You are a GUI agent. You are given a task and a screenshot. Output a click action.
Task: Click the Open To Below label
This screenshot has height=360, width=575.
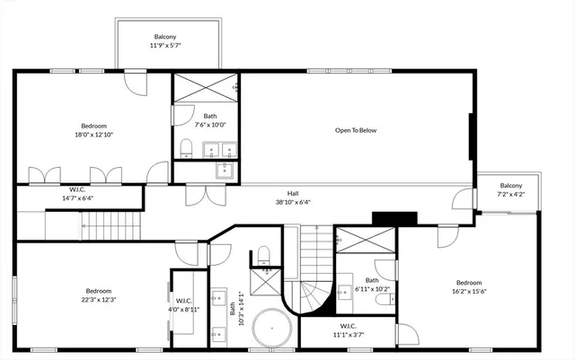click(x=356, y=131)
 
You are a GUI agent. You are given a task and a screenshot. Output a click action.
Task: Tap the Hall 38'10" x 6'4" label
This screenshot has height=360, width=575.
click(x=293, y=198)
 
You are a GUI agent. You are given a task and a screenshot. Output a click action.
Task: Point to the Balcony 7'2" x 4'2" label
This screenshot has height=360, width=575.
click(x=510, y=189)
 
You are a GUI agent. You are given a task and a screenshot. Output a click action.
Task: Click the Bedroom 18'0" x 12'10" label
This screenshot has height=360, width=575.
click(x=94, y=130)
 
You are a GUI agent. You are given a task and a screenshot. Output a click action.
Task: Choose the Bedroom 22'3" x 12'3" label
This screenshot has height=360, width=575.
click(x=99, y=294)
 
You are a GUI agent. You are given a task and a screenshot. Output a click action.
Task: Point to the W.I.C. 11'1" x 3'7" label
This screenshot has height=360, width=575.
click(x=348, y=329)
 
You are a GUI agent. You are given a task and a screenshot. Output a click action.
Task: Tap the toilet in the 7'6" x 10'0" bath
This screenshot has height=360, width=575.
click(x=186, y=148)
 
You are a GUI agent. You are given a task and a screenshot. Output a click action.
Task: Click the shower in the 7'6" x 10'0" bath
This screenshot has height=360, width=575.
click(x=206, y=90)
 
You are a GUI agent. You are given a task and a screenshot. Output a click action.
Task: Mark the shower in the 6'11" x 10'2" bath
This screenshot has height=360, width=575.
click(x=365, y=240)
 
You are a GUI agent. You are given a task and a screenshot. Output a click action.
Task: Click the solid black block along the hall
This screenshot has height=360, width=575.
click(x=394, y=217)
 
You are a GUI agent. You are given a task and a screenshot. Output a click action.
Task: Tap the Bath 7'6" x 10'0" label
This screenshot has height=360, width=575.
click(x=209, y=120)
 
